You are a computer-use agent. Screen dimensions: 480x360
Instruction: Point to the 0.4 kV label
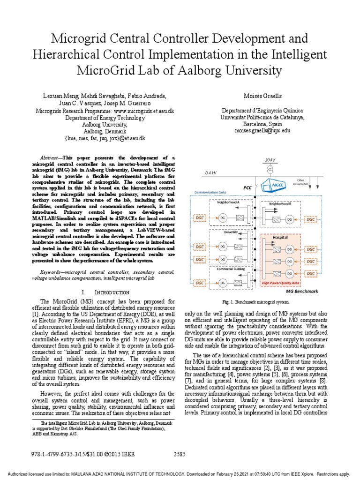click(x=211, y=172)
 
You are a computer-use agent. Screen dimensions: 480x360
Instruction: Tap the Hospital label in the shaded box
click(x=280, y=238)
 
